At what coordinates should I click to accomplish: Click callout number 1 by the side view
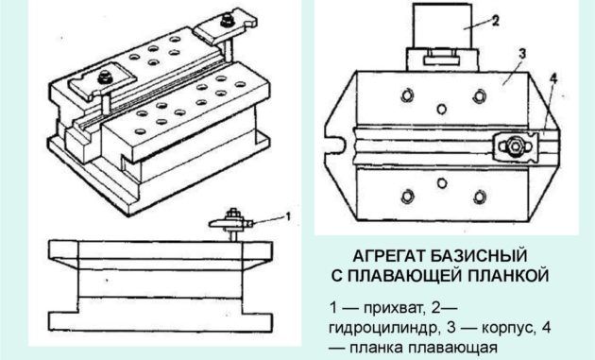tap(288, 216)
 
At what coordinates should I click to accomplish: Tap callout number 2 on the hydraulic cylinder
tap(495, 21)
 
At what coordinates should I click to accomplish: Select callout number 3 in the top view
tap(522, 54)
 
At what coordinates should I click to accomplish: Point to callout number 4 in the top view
tap(553, 79)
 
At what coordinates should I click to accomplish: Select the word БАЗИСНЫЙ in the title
tap(479, 256)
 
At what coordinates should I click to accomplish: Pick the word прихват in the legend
tap(393, 308)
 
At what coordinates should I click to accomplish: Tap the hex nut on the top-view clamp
tap(514, 146)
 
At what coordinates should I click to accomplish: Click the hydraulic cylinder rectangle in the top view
tap(442, 26)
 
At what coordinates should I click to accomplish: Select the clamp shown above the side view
tap(230, 224)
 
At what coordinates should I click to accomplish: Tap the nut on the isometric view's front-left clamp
tap(103, 77)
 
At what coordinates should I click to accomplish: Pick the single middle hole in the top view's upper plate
tap(442, 110)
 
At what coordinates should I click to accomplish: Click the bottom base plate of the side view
tap(161, 322)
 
